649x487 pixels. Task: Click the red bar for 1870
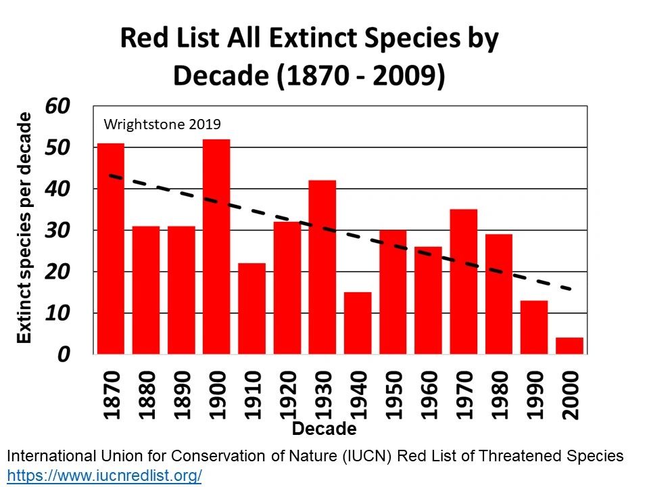click(110, 249)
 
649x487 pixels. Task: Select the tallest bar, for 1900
click(216, 247)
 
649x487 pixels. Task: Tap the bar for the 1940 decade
click(358, 323)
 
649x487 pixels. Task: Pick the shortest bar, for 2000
click(569, 346)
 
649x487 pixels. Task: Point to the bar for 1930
click(322, 268)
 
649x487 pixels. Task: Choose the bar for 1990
click(534, 327)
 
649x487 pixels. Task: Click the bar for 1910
click(251, 309)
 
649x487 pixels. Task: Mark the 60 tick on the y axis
click(57, 106)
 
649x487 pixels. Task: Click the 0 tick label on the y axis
click(64, 354)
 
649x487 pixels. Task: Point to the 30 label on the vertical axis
click(57, 230)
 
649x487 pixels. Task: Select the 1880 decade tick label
click(146, 395)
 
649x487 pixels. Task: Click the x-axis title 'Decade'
click(324, 429)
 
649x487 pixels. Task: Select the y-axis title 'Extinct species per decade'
click(24, 228)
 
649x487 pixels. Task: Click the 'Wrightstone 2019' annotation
click(162, 124)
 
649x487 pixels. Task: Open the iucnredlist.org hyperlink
click(105, 475)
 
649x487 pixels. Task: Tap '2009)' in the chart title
click(409, 76)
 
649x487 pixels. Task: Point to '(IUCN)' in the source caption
click(366, 457)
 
